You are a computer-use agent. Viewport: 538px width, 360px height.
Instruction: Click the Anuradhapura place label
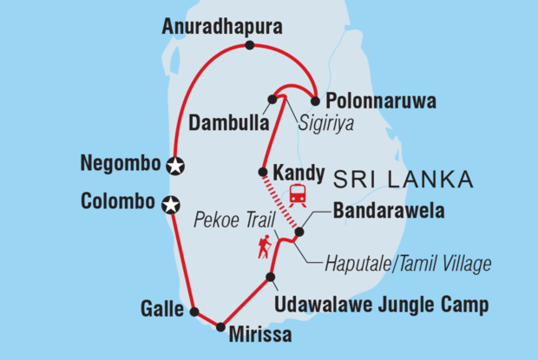(223, 28)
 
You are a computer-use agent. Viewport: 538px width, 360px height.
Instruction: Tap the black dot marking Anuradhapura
(250, 46)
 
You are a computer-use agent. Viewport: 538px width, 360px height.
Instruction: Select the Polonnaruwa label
(374, 101)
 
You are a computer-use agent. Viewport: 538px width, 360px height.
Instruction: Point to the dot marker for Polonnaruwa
(316, 100)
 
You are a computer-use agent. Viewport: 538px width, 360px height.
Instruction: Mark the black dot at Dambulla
(272, 100)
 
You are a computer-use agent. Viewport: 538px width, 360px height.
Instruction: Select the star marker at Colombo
(172, 205)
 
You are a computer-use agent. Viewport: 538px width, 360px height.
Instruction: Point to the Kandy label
(299, 172)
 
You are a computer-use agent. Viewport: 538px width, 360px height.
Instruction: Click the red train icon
(297, 195)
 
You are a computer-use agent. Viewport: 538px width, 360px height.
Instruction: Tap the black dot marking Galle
(194, 311)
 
